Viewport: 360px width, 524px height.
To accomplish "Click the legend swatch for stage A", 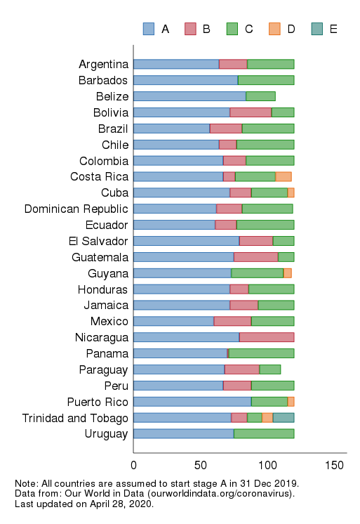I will (148, 29).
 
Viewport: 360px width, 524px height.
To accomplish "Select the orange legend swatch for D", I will (274, 29).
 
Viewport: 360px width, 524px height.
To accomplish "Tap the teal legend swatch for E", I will (316, 29).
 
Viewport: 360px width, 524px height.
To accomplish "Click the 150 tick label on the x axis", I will (335, 465).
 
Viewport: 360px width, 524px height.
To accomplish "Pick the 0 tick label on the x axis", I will (133, 465).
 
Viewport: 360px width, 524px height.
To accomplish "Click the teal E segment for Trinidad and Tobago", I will (284, 418).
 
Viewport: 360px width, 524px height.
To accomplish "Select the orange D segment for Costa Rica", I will (284, 177).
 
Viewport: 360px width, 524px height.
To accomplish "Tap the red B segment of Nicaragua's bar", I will (267, 337).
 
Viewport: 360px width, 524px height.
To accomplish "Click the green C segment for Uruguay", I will (264, 434).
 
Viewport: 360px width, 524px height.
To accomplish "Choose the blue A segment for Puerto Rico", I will (192, 402).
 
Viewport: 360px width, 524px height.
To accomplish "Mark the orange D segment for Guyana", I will (287, 273).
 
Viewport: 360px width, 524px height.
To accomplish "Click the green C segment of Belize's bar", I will (260, 96).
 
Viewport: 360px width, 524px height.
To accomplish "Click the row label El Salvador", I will (99, 241).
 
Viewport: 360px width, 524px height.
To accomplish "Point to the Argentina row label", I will (103, 65).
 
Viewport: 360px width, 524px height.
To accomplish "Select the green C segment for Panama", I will (261, 353).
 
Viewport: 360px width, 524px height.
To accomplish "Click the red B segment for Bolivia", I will (251, 112).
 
